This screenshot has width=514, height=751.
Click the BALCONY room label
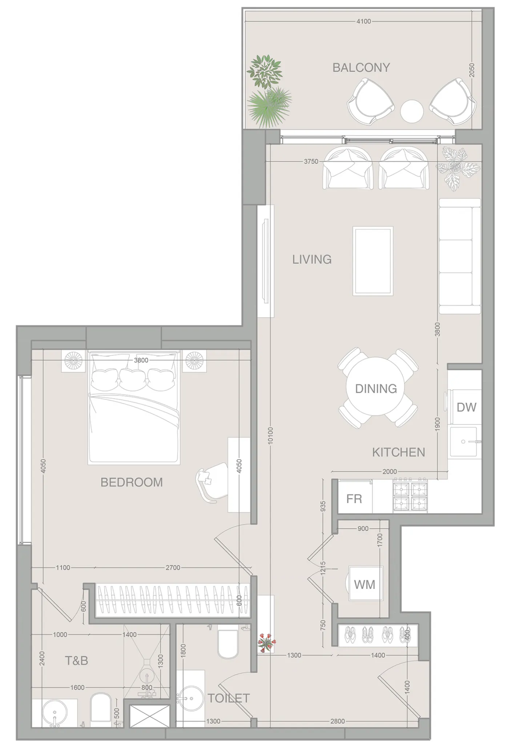click(x=361, y=68)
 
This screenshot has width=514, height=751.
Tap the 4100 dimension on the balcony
click(x=364, y=21)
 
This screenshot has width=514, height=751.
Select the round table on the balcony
click(x=411, y=111)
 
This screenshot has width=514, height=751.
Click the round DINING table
click(x=376, y=388)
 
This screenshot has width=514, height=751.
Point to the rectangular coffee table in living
click(x=373, y=261)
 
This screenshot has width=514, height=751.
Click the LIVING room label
click(x=312, y=260)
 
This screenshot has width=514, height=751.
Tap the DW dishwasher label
click(x=466, y=407)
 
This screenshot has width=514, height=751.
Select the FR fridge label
click(x=354, y=499)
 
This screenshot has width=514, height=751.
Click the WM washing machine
click(x=365, y=585)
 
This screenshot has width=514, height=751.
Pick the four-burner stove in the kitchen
click(x=410, y=496)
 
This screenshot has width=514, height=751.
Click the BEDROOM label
click(x=132, y=482)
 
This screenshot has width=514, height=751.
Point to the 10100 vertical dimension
click(x=270, y=435)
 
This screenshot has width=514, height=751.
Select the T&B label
click(x=76, y=660)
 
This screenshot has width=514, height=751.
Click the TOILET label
click(x=229, y=698)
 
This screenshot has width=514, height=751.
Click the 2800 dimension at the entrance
click(x=337, y=721)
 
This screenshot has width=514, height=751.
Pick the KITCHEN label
click(x=398, y=452)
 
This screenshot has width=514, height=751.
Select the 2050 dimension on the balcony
click(x=471, y=70)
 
